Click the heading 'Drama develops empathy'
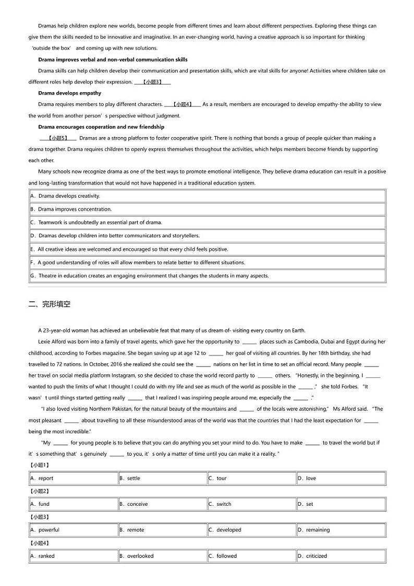tap(69, 93)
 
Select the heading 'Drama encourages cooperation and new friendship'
tap(101, 127)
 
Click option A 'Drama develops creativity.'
tap(65, 196)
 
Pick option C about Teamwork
tap(96, 223)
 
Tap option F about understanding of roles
tap(137, 263)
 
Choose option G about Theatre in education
tap(149, 276)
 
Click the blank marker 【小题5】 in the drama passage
tap(58, 138)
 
